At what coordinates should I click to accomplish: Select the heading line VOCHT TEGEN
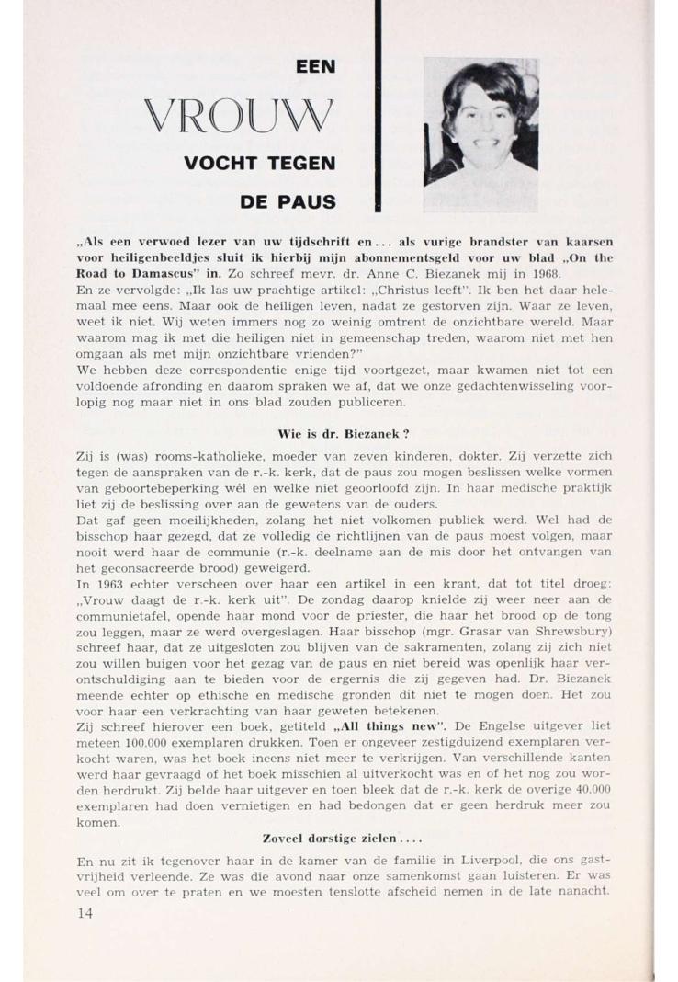point(260,164)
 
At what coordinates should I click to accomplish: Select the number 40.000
point(590,789)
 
